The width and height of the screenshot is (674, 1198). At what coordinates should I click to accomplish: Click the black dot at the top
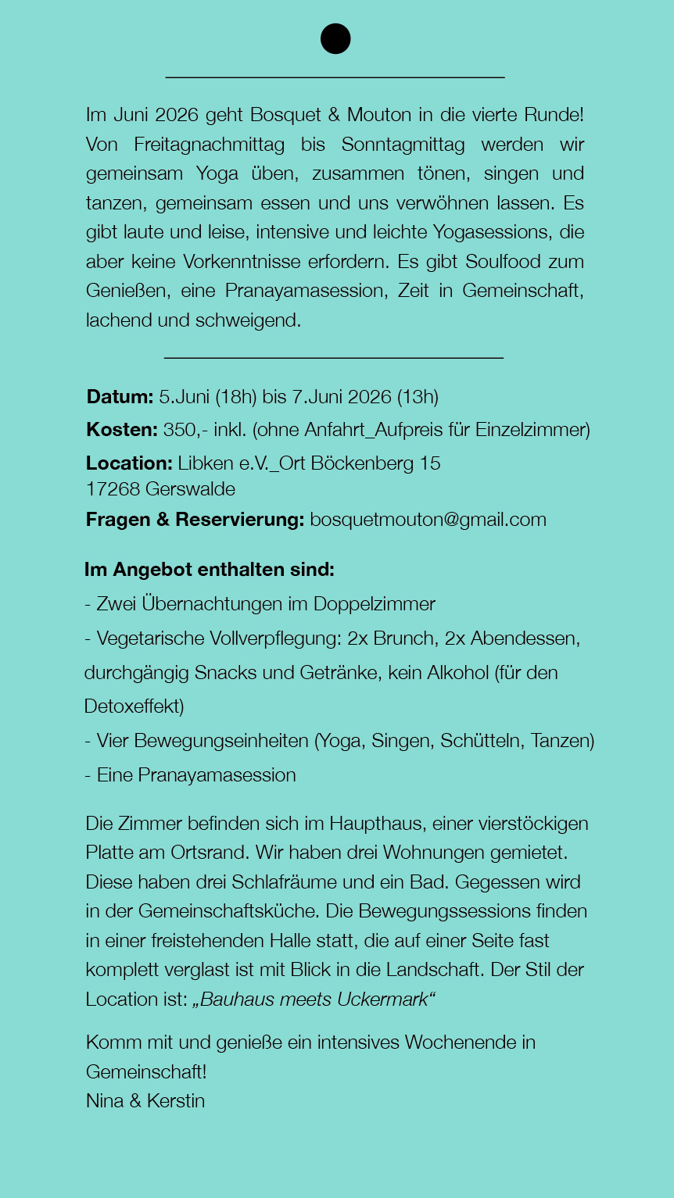coord(335,38)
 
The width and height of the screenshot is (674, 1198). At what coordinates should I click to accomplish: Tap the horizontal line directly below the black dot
coord(335,77)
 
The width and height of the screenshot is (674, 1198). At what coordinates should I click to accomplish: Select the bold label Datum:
coord(120,397)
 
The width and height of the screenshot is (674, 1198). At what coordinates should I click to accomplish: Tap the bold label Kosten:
coord(122,430)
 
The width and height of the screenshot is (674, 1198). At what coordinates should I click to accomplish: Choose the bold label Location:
coord(129,463)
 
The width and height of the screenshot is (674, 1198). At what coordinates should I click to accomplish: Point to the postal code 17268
coord(113,489)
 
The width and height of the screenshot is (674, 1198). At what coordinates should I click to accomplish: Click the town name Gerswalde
coord(190,489)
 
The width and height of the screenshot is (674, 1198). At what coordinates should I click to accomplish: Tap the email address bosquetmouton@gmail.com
coord(428,520)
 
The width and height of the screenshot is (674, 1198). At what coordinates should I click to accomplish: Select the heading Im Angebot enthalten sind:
coord(210,570)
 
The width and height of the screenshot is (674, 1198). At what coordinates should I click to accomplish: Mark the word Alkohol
coord(457,673)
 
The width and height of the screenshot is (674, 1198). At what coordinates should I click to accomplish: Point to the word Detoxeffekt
coord(134,706)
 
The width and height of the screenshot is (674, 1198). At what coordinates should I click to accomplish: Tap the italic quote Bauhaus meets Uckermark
coord(314,1000)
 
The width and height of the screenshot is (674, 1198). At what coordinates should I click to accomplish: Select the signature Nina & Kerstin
coord(145,1101)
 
